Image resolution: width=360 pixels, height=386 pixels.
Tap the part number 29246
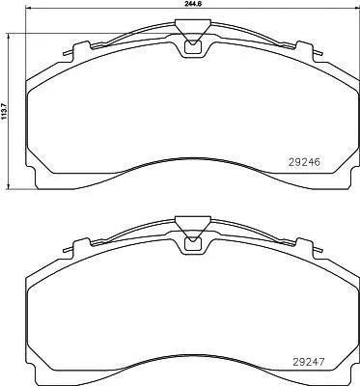click(x=304, y=162)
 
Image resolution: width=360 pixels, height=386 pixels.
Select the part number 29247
click(x=308, y=363)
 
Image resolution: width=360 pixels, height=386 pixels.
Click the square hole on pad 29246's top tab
click(x=192, y=47)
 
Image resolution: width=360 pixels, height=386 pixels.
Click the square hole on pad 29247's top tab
click(x=192, y=245)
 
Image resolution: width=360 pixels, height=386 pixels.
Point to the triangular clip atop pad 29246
click(x=193, y=31)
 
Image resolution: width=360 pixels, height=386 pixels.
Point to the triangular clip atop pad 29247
click(x=193, y=229)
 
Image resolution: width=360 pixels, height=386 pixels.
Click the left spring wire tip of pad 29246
click(x=65, y=53)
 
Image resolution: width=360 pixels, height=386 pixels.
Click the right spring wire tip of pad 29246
click(x=320, y=53)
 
